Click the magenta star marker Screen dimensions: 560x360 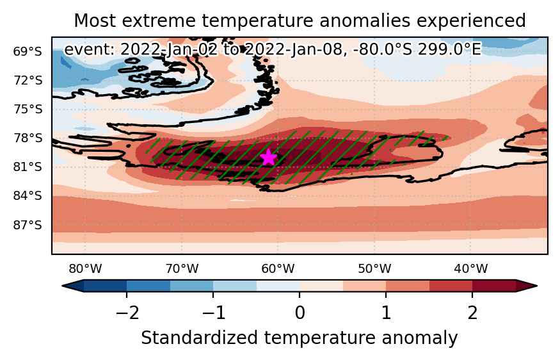click(x=269, y=157)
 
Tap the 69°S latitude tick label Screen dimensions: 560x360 click(x=28, y=51)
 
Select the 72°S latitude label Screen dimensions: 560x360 click(x=28, y=81)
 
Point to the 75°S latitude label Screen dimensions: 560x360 click(x=28, y=109)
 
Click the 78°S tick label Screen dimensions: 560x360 click(x=28, y=138)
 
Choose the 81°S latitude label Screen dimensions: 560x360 click(x=28, y=167)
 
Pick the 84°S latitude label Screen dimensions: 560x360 click(x=28, y=196)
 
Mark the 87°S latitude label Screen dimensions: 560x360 click(x=28, y=225)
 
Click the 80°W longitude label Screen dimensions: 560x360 click(x=85, y=268)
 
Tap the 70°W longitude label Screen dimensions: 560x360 click(x=182, y=268)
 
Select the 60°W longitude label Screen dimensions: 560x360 click(x=278, y=268)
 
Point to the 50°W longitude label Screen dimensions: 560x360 click(x=374, y=268)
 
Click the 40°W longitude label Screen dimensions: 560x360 click(x=471, y=268)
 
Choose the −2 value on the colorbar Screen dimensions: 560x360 click(x=127, y=313)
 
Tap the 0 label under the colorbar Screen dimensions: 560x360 click(x=300, y=313)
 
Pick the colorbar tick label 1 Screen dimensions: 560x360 click(x=386, y=313)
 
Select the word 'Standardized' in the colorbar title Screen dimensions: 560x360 click(x=199, y=338)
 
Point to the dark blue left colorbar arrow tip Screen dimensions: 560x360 click(x=63, y=286)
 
